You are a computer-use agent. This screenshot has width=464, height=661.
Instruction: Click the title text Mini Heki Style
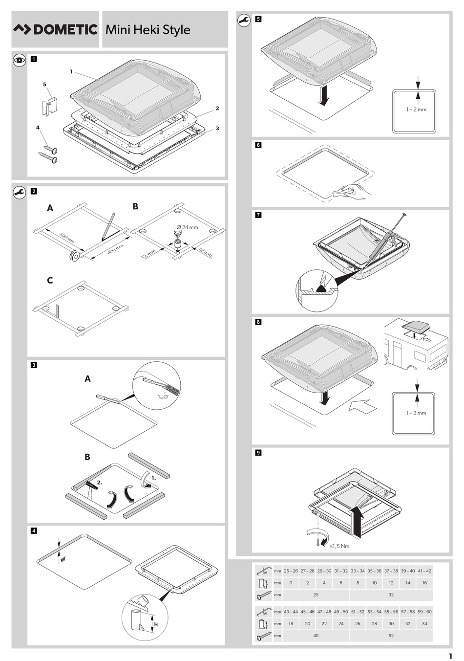[148, 30]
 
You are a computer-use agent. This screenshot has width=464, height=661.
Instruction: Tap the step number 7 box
[258, 215]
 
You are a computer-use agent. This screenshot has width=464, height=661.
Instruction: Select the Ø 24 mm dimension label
[187, 227]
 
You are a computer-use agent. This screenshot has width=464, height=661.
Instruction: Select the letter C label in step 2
[50, 281]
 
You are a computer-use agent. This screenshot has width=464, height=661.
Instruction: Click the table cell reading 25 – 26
[291, 571]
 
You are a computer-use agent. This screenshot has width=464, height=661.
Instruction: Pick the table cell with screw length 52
[391, 636]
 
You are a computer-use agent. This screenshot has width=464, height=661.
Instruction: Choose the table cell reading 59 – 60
[424, 612]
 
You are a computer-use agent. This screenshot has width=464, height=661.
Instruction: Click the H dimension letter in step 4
[156, 624]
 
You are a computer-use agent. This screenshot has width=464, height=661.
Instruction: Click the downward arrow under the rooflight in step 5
[323, 95]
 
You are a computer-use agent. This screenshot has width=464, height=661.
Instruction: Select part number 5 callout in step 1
[44, 85]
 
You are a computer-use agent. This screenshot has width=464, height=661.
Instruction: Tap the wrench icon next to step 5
[243, 21]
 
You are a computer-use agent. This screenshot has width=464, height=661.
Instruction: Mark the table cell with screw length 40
[316, 636]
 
